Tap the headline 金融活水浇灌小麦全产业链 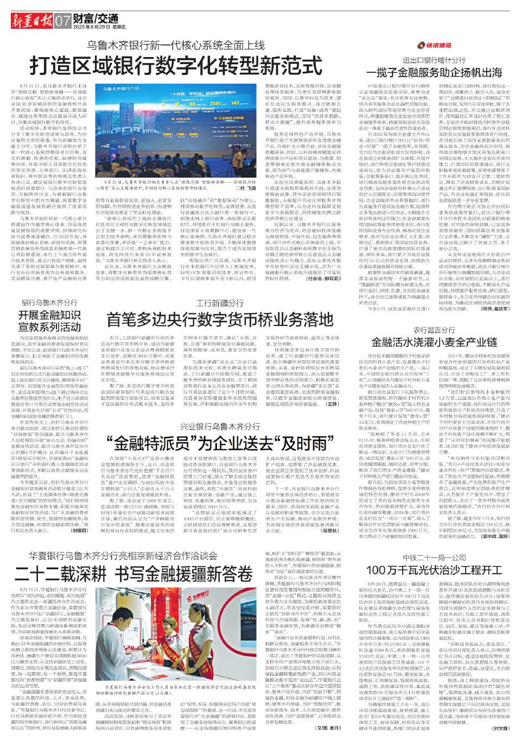click(x=434, y=343)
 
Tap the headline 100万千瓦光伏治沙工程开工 click(x=435, y=570)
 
